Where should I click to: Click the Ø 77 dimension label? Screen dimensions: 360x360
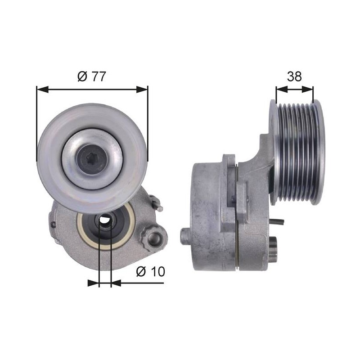tap(92, 76)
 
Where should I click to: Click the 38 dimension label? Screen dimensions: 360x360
tap(294, 76)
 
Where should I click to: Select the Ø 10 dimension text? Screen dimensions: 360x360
tap(150, 272)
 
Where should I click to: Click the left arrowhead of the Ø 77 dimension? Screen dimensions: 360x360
tap(43, 90)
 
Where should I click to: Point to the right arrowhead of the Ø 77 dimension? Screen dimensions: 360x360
tap(142, 90)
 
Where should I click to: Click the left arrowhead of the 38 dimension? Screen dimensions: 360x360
tap(282, 90)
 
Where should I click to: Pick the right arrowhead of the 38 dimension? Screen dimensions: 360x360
tap(307, 90)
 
